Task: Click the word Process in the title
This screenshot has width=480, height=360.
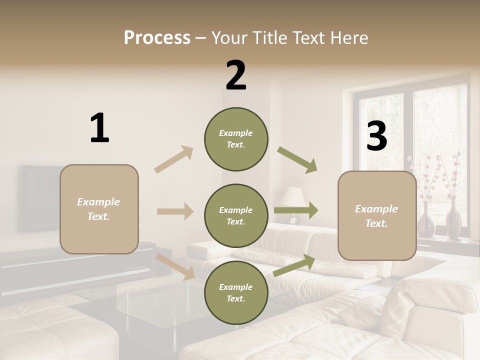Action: (x=157, y=37)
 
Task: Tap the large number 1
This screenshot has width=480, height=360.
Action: (x=99, y=128)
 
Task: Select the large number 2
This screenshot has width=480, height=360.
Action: (x=236, y=75)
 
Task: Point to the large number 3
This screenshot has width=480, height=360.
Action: (x=376, y=136)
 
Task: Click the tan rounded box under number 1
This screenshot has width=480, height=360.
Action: (x=99, y=209)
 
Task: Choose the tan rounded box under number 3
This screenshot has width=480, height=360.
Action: (x=377, y=215)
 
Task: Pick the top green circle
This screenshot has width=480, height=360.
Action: (x=236, y=139)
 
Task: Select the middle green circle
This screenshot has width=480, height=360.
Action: (x=236, y=215)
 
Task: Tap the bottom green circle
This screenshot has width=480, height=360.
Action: (x=236, y=292)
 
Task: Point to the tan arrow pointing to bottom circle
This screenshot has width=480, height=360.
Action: (x=175, y=266)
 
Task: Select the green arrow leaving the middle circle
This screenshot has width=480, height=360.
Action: (x=295, y=210)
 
